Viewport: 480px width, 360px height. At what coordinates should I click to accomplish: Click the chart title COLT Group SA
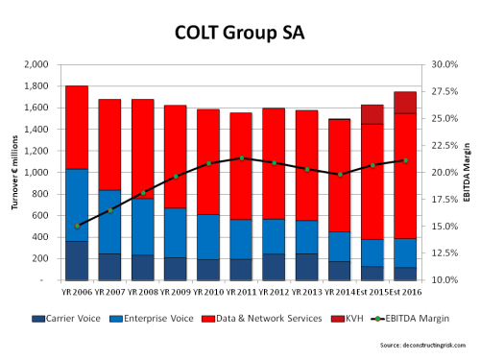click(240, 35)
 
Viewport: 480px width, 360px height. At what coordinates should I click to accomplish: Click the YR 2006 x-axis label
click(77, 290)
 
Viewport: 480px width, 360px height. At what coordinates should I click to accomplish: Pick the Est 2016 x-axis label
click(405, 290)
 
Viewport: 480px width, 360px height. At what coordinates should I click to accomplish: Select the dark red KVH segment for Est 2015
click(372, 114)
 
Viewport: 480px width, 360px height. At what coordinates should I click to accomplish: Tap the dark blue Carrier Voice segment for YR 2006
click(77, 260)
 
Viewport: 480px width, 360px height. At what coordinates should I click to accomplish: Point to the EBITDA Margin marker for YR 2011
click(241, 157)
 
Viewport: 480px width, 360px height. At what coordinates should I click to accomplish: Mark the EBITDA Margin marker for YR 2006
click(77, 226)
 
